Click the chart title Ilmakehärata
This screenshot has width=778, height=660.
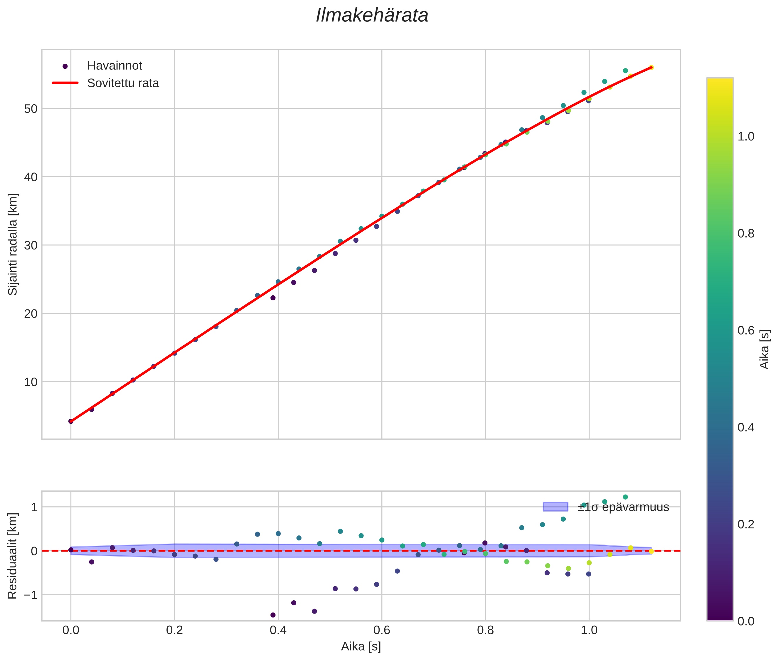(x=372, y=16)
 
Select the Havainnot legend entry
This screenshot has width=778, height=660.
(x=114, y=66)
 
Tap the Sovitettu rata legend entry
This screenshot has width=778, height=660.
(x=123, y=83)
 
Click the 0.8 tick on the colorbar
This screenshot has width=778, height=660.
(x=746, y=234)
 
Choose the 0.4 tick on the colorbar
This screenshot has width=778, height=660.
(x=746, y=427)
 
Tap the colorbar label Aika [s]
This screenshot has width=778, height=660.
(x=765, y=349)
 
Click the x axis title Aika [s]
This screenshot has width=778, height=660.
(x=361, y=646)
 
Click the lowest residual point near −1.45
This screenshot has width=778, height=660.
(x=273, y=615)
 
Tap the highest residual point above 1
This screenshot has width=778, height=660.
(x=625, y=497)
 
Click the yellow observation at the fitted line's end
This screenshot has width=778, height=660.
(x=651, y=67)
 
